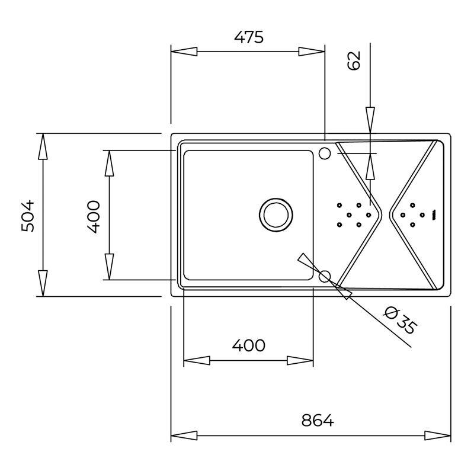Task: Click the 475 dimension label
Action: point(249,37)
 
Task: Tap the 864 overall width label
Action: point(318,420)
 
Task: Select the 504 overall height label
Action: point(28,215)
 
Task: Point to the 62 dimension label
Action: point(354,60)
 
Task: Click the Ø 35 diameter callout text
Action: point(401,321)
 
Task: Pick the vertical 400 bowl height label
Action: point(94,216)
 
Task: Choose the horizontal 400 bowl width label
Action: point(248,345)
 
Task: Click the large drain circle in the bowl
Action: point(276,214)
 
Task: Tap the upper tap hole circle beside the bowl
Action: point(325,153)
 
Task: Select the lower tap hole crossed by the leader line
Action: point(325,276)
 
